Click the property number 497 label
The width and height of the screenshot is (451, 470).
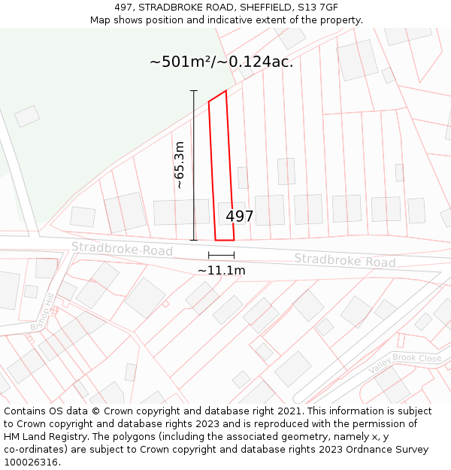pos(240,217)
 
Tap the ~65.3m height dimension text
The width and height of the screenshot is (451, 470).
pos(180,165)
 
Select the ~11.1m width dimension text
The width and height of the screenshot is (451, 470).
pos(222,270)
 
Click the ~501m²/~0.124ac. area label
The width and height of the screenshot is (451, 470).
pos(221,62)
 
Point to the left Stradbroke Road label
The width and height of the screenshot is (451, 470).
pos(123,249)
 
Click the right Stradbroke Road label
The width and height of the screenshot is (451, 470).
pos(344,261)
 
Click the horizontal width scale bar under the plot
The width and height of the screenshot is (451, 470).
pos(221,256)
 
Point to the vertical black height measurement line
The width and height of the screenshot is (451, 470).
pos(194,165)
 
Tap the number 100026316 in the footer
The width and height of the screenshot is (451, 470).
pos(31,462)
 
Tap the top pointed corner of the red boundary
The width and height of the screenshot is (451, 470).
pos(225,92)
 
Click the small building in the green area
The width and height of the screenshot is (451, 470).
pos(27,116)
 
